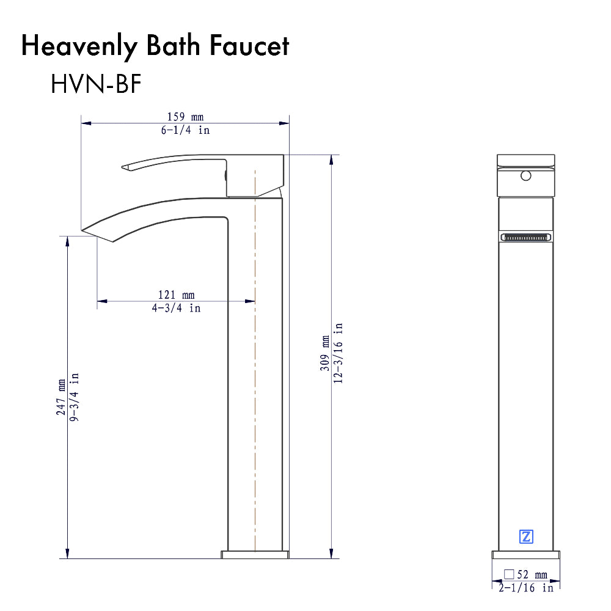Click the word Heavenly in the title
pyautogui.click(x=79, y=46)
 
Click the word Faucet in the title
pyautogui.click(x=249, y=46)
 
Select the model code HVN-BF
pyautogui.click(x=96, y=83)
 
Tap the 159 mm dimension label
pyautogui.click(x=186, y=117)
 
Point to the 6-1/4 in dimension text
pyautogui.click(x=186, y=130)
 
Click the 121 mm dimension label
pyautogui.click(x=176, y=295)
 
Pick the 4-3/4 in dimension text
pyautogui.click(x=176, y=308)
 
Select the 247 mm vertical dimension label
pyautogui.click(x=61, y=397)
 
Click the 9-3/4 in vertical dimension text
pyautogui.click(x=74, y=397)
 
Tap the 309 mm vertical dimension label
pyautogui.click(x=325, y=353)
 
